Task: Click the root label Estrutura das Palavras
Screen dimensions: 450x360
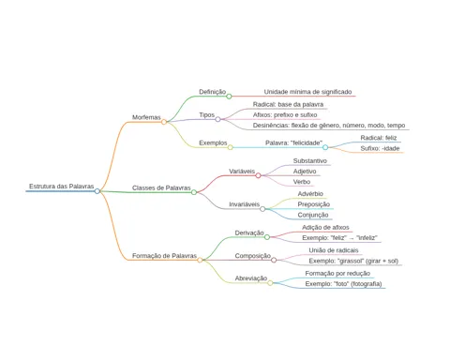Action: pyautogui.click(x=62, y=187)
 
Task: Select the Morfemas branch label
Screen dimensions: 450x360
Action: pyautogui.click(x=146, y=117)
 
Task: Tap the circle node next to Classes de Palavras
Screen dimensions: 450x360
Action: pyautogui.click(x=194, y=192)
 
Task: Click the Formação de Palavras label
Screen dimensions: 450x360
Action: pyautogui.click(x=164, y=256)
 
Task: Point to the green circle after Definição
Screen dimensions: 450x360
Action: pyautogui.click(x=229, y=97)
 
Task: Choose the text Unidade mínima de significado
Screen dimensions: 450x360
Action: pyautogui.click(x=307, y=92)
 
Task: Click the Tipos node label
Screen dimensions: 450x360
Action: pyautogui.click(x=207, y=115)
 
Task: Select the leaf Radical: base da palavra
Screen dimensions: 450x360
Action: pyautogui.click(x=288, y=104)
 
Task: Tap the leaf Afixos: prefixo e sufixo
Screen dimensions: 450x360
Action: pyautogui.click(x=285, y=115)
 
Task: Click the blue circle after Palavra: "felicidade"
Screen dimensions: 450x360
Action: pyautogui.click(x=325, y=147)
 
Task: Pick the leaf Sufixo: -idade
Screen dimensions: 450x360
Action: pyautogui.click(x=380, y=148)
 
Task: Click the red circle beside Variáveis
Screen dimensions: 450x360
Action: pyautogui.click(x=258, y=175)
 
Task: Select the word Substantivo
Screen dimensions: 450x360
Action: pyautogui.click(x=310, y=161)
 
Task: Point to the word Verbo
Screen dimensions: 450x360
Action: pyautogui.click(x=302, y=182)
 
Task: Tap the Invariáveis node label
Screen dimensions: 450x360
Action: pyautogui.click(x=245, y=204)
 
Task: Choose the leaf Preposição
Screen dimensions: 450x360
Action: pyautogui.click(x=314, y=204)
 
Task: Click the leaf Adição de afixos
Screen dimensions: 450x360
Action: pyautogui.click(x=325, y=228)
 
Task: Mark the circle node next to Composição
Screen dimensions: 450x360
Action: pyautogui.click(x=274, y=260)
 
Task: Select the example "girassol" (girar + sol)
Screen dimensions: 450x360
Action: pyautogui.click(x=353, y=261)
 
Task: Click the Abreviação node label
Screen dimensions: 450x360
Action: pyautogui.click(x=251, y=278)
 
